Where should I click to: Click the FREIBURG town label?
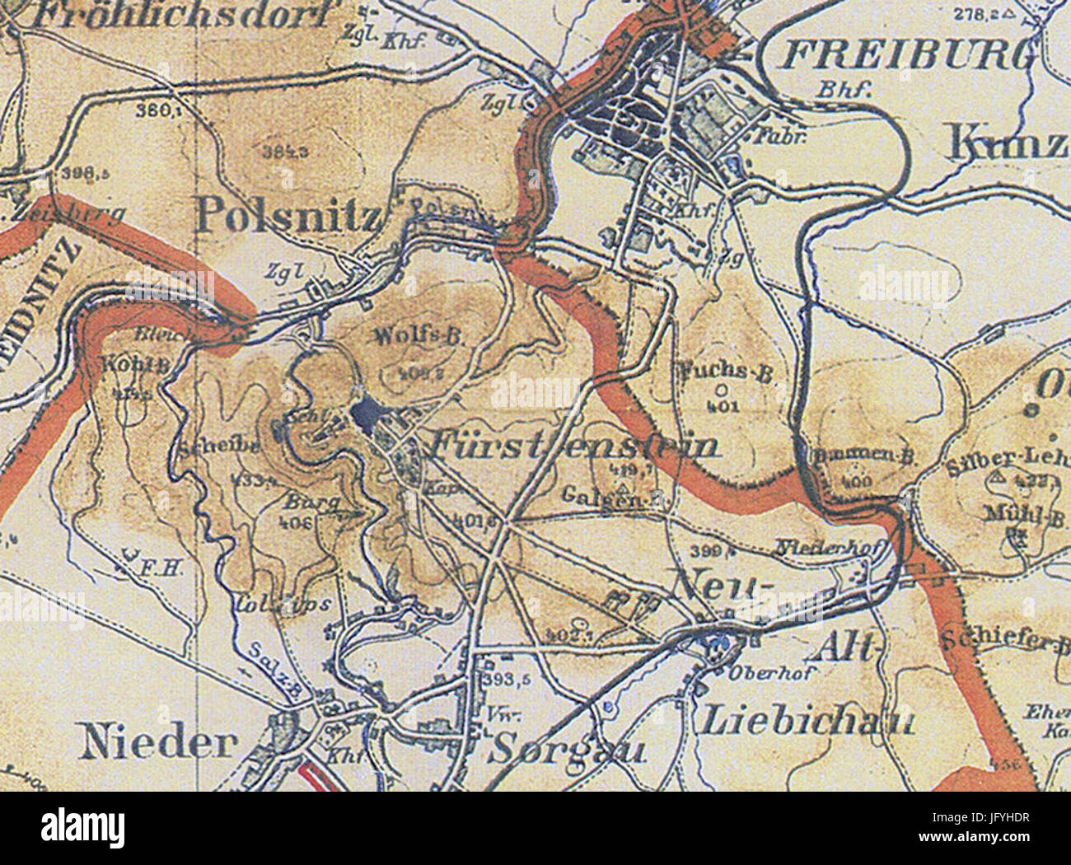[906, 56]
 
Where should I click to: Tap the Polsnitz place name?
[288, 217]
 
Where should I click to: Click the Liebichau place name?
[807, 722]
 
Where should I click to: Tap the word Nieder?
[159, 743]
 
